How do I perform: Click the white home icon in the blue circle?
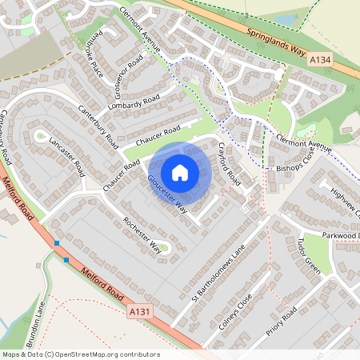click(180, 172)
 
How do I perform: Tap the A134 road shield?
click(319, 60)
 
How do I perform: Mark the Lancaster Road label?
click(67, 155)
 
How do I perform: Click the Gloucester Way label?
click(167, 194)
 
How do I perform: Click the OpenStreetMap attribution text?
click(80, 354)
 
